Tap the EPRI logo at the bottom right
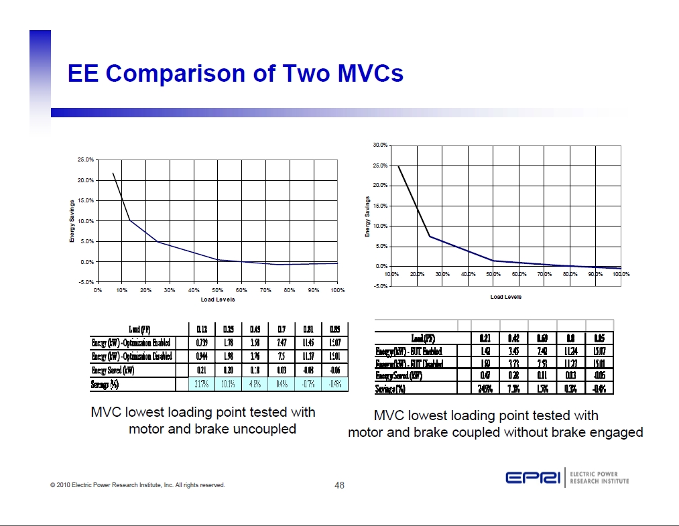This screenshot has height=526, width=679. pyautogui.click(x=534, y=478)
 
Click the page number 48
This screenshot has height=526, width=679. pyautogui.click(x=339, y=485)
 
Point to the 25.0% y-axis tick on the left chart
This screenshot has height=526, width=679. pyautogui.click(x=86, y=160)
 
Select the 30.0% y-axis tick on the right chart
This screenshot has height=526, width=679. pyautogui.click(x=380, y=145)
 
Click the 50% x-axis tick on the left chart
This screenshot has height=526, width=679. pyautogui.click(x=217, y=290)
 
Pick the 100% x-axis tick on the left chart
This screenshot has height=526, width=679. pyautogui.click(x=337, y=290)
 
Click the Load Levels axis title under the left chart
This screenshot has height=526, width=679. pyautogui.click(x=217, y=299)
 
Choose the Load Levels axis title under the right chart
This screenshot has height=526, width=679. pyautogui.click(x=505, y=296)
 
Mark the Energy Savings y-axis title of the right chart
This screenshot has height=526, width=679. pyautogui.click(x=367, y=216)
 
